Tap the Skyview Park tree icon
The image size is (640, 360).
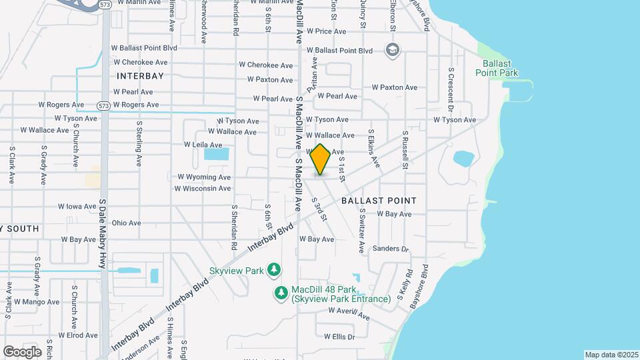click(x=273, y=269)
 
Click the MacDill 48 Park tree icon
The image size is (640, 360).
click(x=281, y=292)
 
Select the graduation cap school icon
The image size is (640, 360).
click(x=393, y=50)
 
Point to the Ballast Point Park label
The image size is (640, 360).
click(x=497, y=68)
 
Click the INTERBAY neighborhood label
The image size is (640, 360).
click(x=140, y=76)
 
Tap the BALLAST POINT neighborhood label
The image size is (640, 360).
click(x=379, y=200)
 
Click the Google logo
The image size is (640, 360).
click(x=22, y=351)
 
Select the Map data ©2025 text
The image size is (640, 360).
click(x=611, y=355)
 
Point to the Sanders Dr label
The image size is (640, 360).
click(x=390, y=249)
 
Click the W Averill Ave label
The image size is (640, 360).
click(x=349, y=313)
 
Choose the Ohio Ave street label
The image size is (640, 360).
click(x=126, y=223)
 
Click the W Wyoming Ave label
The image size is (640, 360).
click(x=204, y=177)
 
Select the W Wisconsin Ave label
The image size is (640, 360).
click(x=203, y=189)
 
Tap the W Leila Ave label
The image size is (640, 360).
click(x=203, y=145)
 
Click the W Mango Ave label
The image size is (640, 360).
click(x=59, y=302)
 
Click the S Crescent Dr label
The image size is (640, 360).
click(x=451, y=90)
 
